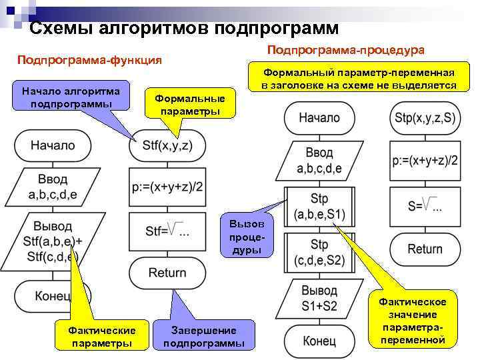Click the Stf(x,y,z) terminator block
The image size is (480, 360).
point(167,145)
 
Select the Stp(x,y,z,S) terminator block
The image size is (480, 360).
point(425,118)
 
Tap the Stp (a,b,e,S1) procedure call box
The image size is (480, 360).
point(319,208)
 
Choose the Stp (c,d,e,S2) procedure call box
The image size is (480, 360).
point(319,253)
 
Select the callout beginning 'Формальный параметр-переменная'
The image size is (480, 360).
point(359,79)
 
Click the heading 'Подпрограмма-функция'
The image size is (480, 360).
point(89,60)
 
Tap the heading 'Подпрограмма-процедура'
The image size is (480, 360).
point(345,50)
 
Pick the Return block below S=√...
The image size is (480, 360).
point(425,249)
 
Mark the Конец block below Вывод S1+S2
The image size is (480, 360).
point(319,341)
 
